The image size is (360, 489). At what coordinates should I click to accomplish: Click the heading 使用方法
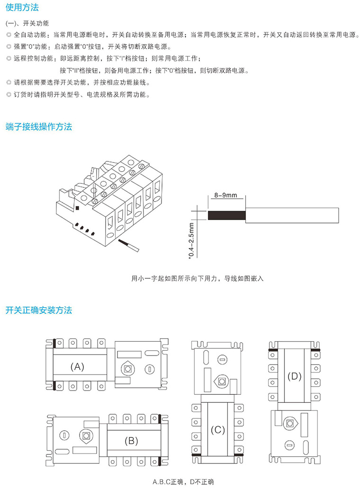coord(22,8)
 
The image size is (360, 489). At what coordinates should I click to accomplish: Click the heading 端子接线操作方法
coord(38,127)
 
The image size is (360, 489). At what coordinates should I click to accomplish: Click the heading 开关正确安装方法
coord(38,311)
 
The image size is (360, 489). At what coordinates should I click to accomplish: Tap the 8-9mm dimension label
coord(225,195)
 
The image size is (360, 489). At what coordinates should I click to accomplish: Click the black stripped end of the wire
coord(226,215)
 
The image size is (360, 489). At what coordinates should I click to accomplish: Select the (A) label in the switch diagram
coord(77,366)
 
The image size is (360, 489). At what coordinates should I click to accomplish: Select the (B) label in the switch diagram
coord(131,441)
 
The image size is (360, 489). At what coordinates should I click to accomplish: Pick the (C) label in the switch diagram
coord(217,430)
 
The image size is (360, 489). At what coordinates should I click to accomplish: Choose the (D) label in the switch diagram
coord(295,376)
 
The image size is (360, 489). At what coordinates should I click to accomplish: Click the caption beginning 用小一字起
coord(197,278)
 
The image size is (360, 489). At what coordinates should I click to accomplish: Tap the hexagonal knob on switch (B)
coord(86,435)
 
